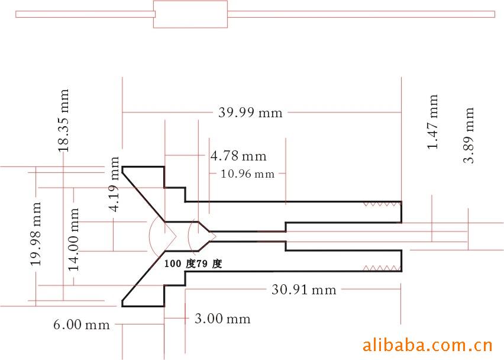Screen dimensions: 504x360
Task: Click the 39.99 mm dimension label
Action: pyautogui.click(x=250, y=112)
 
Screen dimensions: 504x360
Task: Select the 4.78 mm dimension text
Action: pyautogui.click(x=238, y=156)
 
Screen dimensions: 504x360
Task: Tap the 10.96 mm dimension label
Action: pyautogui.click(x=247, y=174)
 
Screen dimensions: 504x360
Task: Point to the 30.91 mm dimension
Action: pyautogui.click(x=303, y=290)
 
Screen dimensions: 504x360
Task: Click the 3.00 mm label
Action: pyautogui.click(x=222, y=319)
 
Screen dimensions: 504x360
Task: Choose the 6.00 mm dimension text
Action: pyautogui.click(x=82, y=324)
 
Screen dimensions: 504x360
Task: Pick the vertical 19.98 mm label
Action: pyautogui.click(x=35, y=234)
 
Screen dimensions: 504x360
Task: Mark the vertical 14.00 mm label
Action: pyautogui.click(x=73, y=239)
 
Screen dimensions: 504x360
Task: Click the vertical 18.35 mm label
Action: pyautogui.click(x=63, y=120)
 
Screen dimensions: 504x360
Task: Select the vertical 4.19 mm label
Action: pyautogui.click(x=114, y=184)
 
